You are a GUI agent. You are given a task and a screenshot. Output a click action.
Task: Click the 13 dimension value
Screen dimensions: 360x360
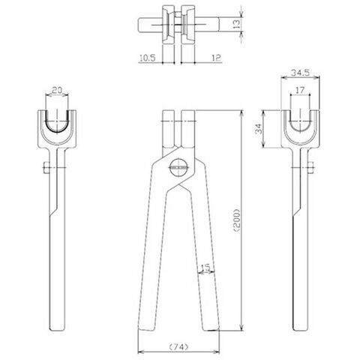coord(236,24)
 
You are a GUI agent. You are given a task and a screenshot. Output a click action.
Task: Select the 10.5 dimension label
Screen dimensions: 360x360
coord(148,58)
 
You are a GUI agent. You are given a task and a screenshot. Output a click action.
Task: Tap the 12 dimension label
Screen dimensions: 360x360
coord(217,58)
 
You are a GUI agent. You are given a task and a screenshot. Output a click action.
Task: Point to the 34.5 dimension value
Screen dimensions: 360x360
coord(301,73)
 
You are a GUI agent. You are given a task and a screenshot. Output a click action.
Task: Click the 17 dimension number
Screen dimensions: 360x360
coord(300,90)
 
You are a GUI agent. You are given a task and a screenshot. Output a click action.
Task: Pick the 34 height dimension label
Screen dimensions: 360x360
coord(259,129)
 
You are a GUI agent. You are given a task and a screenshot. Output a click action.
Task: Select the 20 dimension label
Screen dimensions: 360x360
coord(57,90)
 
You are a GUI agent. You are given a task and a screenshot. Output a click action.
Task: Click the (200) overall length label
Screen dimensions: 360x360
coord(237,220)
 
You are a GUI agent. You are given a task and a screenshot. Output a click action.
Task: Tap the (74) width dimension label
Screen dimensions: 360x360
coord(178,347)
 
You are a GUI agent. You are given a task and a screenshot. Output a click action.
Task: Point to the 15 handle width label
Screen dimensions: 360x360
coord(205,268)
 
